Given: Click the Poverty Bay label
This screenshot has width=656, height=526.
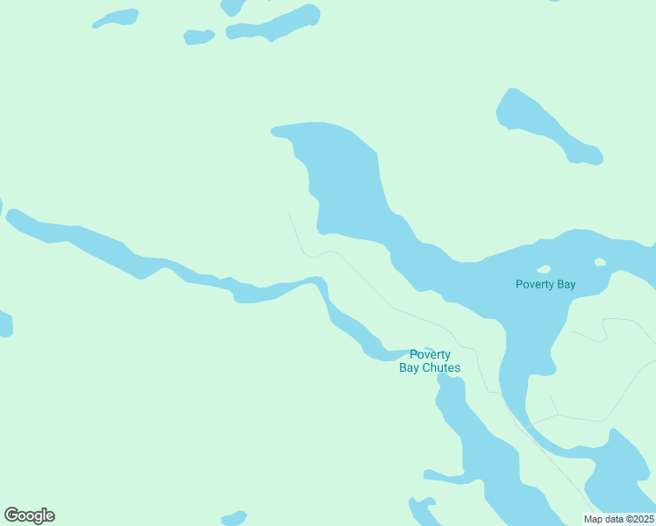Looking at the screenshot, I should (545, 284).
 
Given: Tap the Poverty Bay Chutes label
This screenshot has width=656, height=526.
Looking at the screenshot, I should (430, 361).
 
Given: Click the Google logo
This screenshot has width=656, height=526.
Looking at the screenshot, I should (30, 515).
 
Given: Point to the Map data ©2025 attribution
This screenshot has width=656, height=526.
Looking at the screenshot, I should (619, 519).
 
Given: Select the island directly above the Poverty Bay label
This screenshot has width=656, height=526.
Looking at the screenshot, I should (544, 269).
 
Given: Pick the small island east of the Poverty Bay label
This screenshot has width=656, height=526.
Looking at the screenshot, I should (600, 262).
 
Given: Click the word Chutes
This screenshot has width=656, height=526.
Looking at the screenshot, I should (441, 368).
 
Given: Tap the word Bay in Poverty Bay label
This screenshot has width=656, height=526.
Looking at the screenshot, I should (565, 284).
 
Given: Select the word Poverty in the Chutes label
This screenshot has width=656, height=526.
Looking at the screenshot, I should (431, 355).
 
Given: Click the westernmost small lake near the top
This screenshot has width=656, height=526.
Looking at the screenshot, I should (116, 18).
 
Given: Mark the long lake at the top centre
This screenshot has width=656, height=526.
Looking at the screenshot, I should (274, 24).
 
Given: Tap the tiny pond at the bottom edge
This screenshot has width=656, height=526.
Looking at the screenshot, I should (234, 518).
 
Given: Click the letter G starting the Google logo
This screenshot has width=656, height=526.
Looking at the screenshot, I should (11, 515).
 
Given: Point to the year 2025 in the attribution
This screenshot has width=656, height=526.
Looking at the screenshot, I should (641, 519).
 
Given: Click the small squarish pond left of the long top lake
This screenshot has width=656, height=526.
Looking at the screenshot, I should (199, 37).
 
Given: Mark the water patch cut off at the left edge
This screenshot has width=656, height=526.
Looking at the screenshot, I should (5, 323).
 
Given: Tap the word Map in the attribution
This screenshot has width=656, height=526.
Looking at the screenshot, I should (594, 519).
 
